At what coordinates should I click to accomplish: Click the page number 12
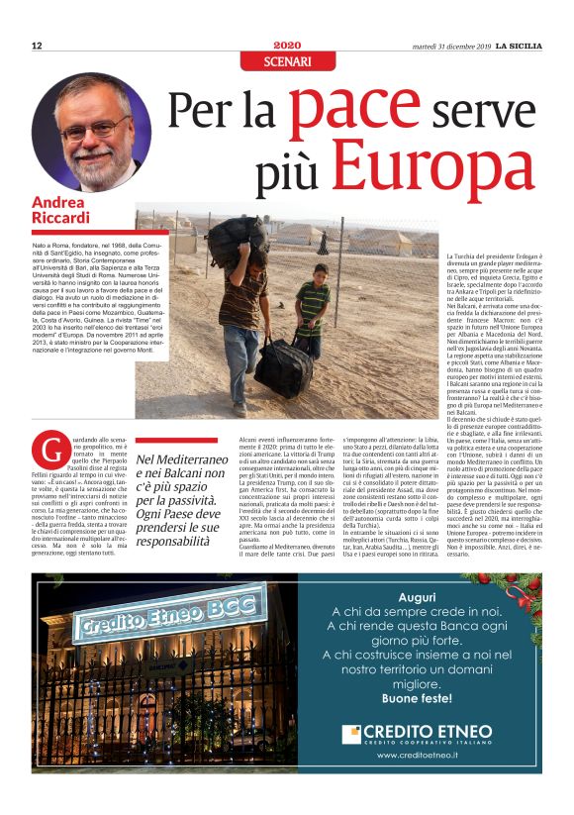click(37, 47)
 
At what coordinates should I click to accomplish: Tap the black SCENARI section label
click(287, 62)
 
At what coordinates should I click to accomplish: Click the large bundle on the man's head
click(237, 239)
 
